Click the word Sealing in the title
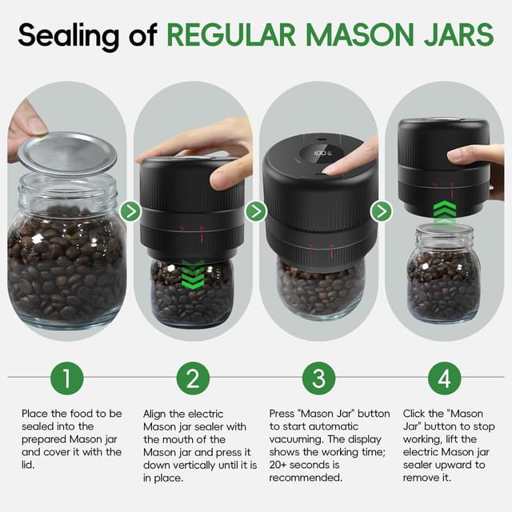click(63, 36)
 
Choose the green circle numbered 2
click(193, 378)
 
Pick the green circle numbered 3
click(318, 378)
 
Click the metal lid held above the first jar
click(67, 152)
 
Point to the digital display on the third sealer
click(322, 150)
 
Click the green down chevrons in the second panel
click(193, 274)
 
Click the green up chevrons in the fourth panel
click(444, 212)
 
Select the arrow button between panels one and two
click(130, 211)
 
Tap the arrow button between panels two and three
click(256, 211)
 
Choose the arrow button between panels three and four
click(382, 211)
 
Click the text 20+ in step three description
click(281, 465)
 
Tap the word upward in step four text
click(463, 465)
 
